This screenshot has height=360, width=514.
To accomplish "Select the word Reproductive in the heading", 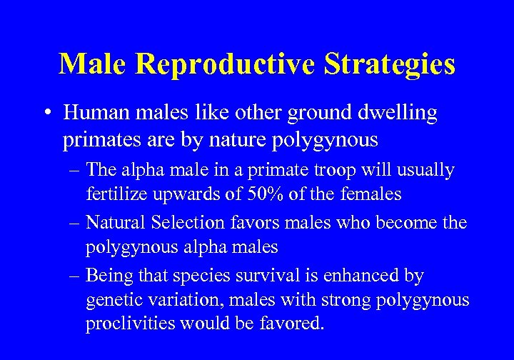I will coord(225,64).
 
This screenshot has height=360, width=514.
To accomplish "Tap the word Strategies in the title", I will coord(390,64).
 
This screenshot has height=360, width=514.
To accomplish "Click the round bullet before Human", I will coord(46,114).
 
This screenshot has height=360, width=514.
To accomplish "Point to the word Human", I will coord(91,113).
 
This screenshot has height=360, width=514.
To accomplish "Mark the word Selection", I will coord(186,223).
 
